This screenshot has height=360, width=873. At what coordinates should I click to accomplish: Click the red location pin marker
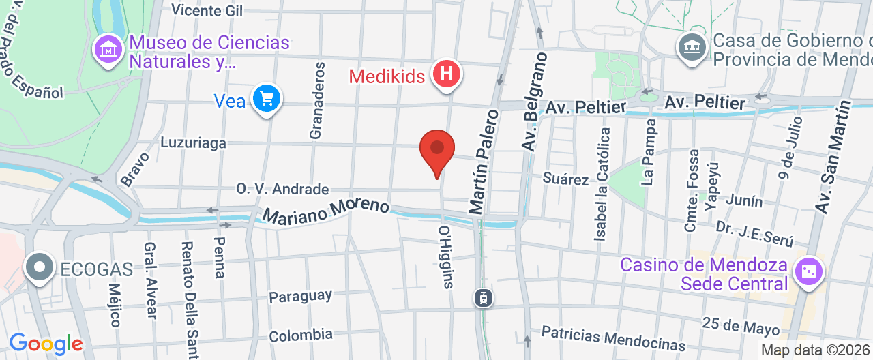point(437,150)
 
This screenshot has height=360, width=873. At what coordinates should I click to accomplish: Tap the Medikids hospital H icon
point(447,73)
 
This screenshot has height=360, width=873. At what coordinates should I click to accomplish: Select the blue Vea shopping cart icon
point(265,100)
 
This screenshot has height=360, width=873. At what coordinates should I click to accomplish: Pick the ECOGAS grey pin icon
point(40,267)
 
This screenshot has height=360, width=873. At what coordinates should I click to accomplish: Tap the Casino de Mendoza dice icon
point(809,271)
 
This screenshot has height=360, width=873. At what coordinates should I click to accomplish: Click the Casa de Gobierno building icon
point(692,48)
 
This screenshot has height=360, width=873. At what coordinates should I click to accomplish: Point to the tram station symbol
point(482,297)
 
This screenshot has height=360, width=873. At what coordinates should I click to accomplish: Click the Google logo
point(46,344)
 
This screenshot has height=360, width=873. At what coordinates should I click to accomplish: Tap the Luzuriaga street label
point(193,143)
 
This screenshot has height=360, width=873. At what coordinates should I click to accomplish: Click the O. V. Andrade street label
point(282,189)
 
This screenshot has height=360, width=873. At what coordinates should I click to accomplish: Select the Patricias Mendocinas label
point(613,337)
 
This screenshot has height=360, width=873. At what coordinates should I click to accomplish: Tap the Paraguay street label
point(300,297)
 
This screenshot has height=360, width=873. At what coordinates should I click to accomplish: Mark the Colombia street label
point(301,335)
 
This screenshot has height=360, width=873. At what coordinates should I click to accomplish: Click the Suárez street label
point(565,179)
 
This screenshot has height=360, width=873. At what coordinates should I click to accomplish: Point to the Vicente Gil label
point(207,10)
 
